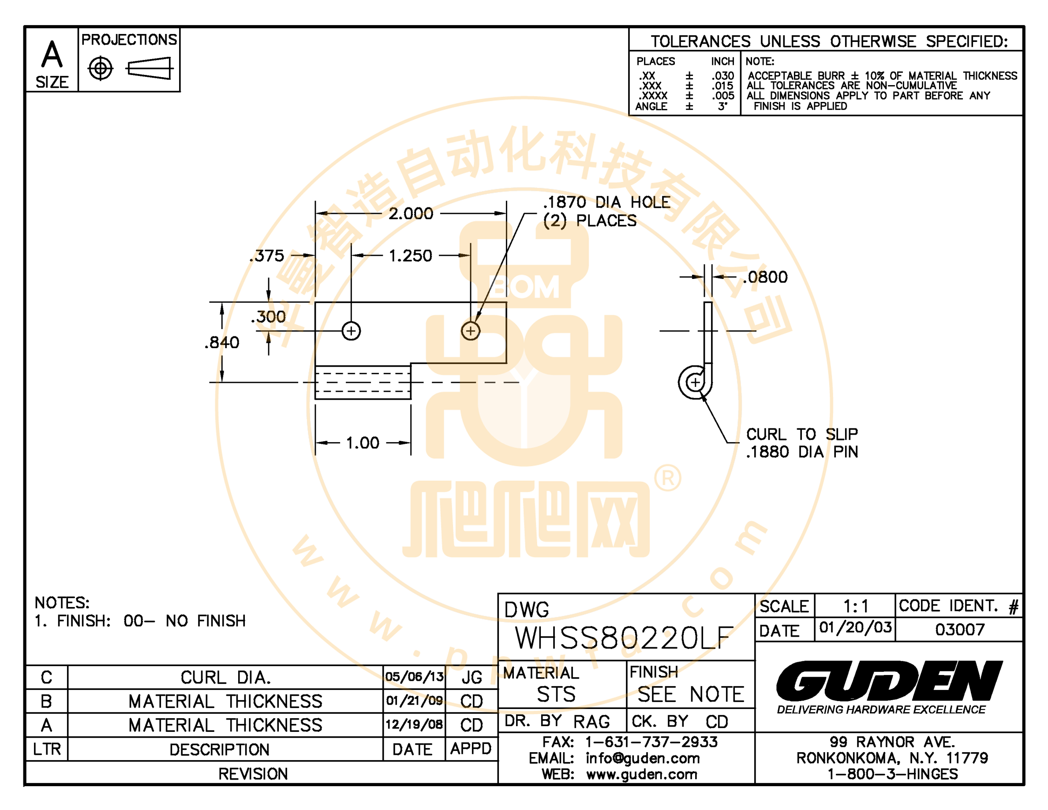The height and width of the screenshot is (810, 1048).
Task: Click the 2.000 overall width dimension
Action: [411, 214]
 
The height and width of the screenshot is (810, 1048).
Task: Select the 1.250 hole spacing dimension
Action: [410, 256]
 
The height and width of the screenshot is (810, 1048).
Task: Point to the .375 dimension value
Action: [267, 256]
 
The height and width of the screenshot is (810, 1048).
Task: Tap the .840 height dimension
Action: [222, 343]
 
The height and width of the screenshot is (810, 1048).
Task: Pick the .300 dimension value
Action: [268, 317]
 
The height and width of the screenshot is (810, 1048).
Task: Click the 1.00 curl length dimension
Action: [362, 443]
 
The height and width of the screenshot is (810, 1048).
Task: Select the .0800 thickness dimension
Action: [765, 277]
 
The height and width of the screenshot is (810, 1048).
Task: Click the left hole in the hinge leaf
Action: [351, 331]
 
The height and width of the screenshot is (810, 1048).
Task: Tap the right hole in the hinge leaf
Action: [471, 331]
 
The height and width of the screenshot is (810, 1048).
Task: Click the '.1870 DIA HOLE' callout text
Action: [606, 202]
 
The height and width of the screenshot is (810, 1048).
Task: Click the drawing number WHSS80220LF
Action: [624, 638]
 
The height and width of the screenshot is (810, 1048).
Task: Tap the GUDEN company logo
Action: [889, 680]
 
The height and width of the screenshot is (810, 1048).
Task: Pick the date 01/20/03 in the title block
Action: [855, 628]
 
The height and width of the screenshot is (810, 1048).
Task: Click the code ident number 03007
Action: [960, 630]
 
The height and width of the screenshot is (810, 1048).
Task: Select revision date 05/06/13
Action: [414, 677]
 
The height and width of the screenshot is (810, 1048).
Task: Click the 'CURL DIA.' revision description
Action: [225, 678]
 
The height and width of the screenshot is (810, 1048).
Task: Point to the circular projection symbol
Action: [101, 69]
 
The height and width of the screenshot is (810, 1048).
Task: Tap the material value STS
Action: [556, 694]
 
